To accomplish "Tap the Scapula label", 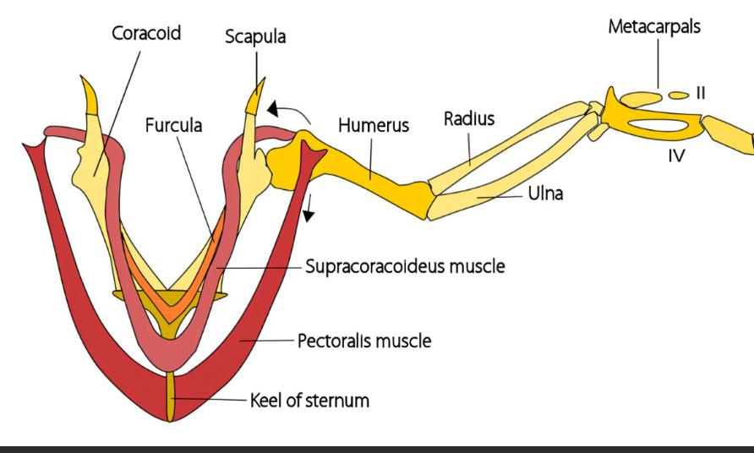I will pos(256,38).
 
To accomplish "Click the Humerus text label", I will pos(373,125).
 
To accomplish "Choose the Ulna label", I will pos(545,194).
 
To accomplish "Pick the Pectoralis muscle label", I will pos(364,342).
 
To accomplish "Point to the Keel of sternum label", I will pos(310,399).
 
